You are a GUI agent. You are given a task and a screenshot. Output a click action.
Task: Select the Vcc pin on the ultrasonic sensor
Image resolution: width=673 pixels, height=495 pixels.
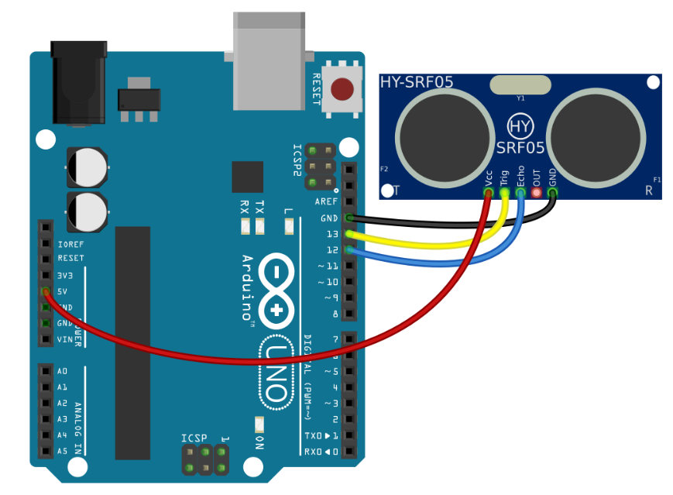pyautogui.click(x=489, y=191)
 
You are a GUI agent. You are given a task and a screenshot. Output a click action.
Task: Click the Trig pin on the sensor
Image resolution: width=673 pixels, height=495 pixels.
pyautogui.click(x=505, y=191)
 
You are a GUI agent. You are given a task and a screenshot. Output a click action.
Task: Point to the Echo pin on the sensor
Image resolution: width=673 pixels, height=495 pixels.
pyautogui.click(x=520, y=191)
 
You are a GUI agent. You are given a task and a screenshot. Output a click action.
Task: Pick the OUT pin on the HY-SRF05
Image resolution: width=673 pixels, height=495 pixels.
pyautogui.click(x=536, y=191)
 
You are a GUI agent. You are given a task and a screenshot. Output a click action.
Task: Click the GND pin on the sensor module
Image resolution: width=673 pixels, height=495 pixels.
pyautogui.click(x=552, y=191)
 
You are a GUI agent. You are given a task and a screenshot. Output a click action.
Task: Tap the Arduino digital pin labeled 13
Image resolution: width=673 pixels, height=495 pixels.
pyautogui.click(x=350, y=234)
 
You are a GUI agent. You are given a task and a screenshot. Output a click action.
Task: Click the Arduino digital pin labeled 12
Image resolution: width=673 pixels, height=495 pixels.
pyautogui.click(x=350, y=249)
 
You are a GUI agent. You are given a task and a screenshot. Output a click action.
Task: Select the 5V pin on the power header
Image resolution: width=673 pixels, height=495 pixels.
pyautogui.click(x=46, y=291)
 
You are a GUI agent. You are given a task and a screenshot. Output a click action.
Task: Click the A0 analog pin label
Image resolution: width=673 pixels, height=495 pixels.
pyautogui.click(x=63, y=371)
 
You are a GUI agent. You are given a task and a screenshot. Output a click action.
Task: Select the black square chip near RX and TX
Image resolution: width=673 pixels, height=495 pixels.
pyautogui.click(x=248, y=177)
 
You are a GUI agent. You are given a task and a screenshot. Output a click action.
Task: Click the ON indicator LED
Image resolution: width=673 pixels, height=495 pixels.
pyautogui.click(x=259, y=425)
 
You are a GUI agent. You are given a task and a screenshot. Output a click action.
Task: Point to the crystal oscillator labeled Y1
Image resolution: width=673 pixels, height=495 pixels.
pyautogui.click(x=520, y=84)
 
